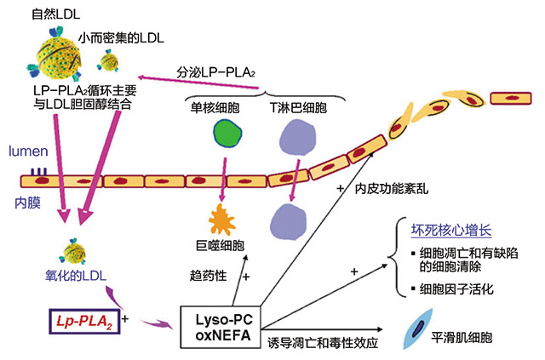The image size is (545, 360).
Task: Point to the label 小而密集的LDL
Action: (x=122, y=37)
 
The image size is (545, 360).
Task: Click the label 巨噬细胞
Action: (x=219, y=247)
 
